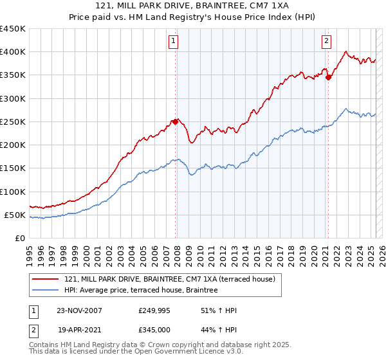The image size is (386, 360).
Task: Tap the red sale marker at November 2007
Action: [176, 121]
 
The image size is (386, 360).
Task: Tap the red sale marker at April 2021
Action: [329, 77]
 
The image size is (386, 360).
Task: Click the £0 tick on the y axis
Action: [19, 238]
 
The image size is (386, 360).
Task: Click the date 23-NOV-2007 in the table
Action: [79, 310]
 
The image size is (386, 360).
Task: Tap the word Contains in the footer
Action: [44, 345]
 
